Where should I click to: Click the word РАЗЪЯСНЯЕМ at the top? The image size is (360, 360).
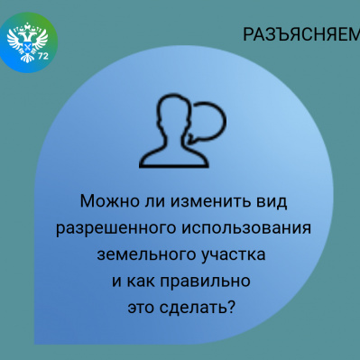click(301, 34)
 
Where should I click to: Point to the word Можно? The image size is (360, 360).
click(108, 201)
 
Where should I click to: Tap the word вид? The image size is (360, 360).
click(267, 201)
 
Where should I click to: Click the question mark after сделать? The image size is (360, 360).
click(232, 308)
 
